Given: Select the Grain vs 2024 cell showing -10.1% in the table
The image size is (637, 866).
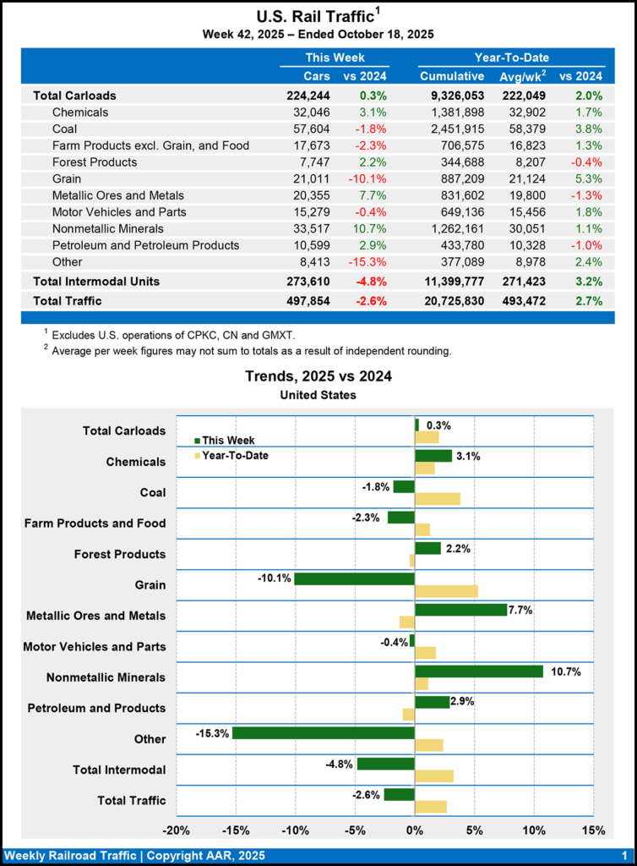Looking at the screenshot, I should (x=367, y=178).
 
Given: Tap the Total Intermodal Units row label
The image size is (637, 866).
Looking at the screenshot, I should (x=96, y=281).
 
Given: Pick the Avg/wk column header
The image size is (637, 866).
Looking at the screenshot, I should (x=525, y=77).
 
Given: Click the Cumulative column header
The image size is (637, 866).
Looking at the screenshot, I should (x=452, y=77).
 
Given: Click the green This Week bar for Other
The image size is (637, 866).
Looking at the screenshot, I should (x=324, y=732).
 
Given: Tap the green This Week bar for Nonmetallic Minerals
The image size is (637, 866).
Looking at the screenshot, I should (x=479, y=671).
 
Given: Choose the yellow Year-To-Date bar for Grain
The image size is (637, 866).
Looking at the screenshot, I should (x=446, y=591).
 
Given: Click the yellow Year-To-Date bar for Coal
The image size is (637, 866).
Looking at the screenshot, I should (x=438, y=499).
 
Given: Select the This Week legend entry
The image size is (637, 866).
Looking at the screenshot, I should (x=224, y=440).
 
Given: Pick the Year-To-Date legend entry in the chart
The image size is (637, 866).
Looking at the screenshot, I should (x=232, y=456).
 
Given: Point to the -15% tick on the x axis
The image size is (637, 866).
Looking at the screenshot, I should (x=236, y=830).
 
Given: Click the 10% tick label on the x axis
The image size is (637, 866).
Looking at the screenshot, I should (x=534, y=830).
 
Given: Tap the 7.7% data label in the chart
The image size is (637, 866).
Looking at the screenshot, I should (x=521, y=609).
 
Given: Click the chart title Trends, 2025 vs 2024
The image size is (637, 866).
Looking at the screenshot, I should (x=318, y=376).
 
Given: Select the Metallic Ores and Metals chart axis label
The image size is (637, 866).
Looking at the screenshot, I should (x=95, y=616).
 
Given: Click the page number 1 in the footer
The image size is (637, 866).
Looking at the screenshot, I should (x=623, y=856).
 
